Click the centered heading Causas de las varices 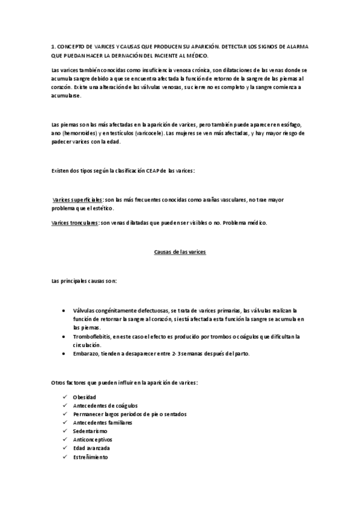point(177,253)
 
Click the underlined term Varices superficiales point(78,199)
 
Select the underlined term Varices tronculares point(76,223)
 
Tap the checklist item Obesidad point(84,398)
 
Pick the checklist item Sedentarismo point(90,431)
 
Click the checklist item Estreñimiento point(90,457)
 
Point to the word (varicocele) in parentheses point(140,133)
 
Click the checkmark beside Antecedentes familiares point(65,423)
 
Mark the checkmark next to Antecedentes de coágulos point(65,406)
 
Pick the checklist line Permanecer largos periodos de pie point(129,414)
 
